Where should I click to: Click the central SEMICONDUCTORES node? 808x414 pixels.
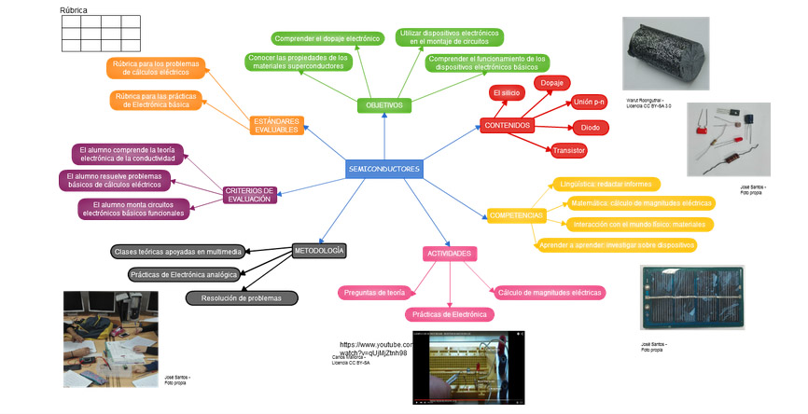click(x=383, y=170)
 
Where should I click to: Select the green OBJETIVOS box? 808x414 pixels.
click(x=384, y=105)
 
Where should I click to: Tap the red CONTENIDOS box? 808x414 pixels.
click(x=507, y=125)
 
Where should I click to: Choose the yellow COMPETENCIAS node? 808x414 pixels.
click(x=515, y=215)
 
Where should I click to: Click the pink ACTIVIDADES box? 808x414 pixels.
click(x=450, y=254)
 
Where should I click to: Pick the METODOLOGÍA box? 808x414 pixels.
click(x=319, y=251)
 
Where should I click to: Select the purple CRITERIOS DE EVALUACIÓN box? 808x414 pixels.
click(x=250, y=194)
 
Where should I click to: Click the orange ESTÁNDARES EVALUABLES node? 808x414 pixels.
click(x=277, y=125)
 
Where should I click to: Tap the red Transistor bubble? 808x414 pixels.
click(x=568, y=150)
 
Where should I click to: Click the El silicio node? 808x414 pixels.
click(x=506, y=93)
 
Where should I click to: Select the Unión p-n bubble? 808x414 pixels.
click(x=589, y=101)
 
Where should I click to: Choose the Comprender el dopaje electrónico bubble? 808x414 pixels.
click(x=327, y=39)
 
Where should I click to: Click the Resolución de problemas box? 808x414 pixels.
click(x=242, y=298)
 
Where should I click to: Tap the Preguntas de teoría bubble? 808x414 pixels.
click(x=374, y=293)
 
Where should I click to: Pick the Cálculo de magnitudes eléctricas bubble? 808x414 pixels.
click(x=550, y=293)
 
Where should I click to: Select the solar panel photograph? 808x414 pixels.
click(x=693, y=297)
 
